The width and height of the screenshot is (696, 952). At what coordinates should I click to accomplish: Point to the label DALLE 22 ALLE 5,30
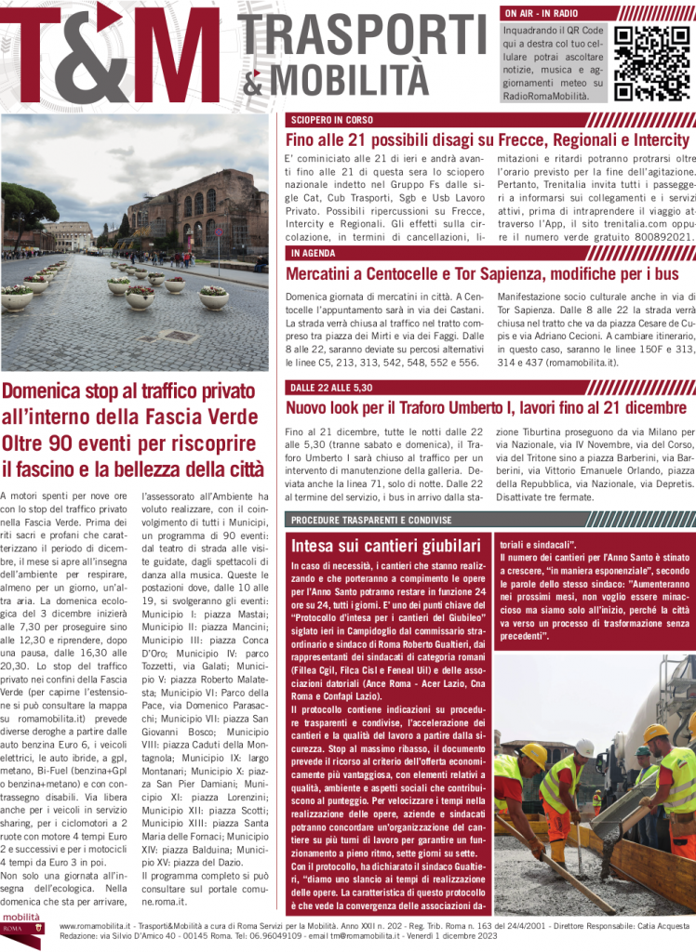[331, 386]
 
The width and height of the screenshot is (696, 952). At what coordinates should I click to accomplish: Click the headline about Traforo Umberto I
[486, 407]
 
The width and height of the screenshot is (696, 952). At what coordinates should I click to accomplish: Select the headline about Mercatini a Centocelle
[483, 274]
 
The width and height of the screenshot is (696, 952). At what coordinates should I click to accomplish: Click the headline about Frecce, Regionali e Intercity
[488, 140]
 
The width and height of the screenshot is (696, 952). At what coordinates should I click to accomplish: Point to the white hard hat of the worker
[584, 747]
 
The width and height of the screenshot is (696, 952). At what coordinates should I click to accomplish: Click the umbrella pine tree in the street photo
[28, 203]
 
